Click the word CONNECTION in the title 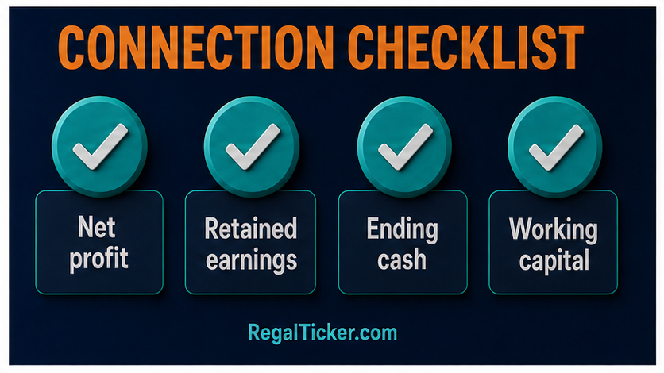196,48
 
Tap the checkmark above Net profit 100,147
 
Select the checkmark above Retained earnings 253,147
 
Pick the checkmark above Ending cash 406,147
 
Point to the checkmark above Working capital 557,148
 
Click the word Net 97,228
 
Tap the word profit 98,259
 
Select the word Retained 251,229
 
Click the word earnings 252,260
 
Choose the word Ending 403,230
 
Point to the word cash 402,260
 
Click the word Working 554,230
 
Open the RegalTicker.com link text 322,333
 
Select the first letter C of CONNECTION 72,48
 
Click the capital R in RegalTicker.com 253,332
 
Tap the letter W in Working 522,229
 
